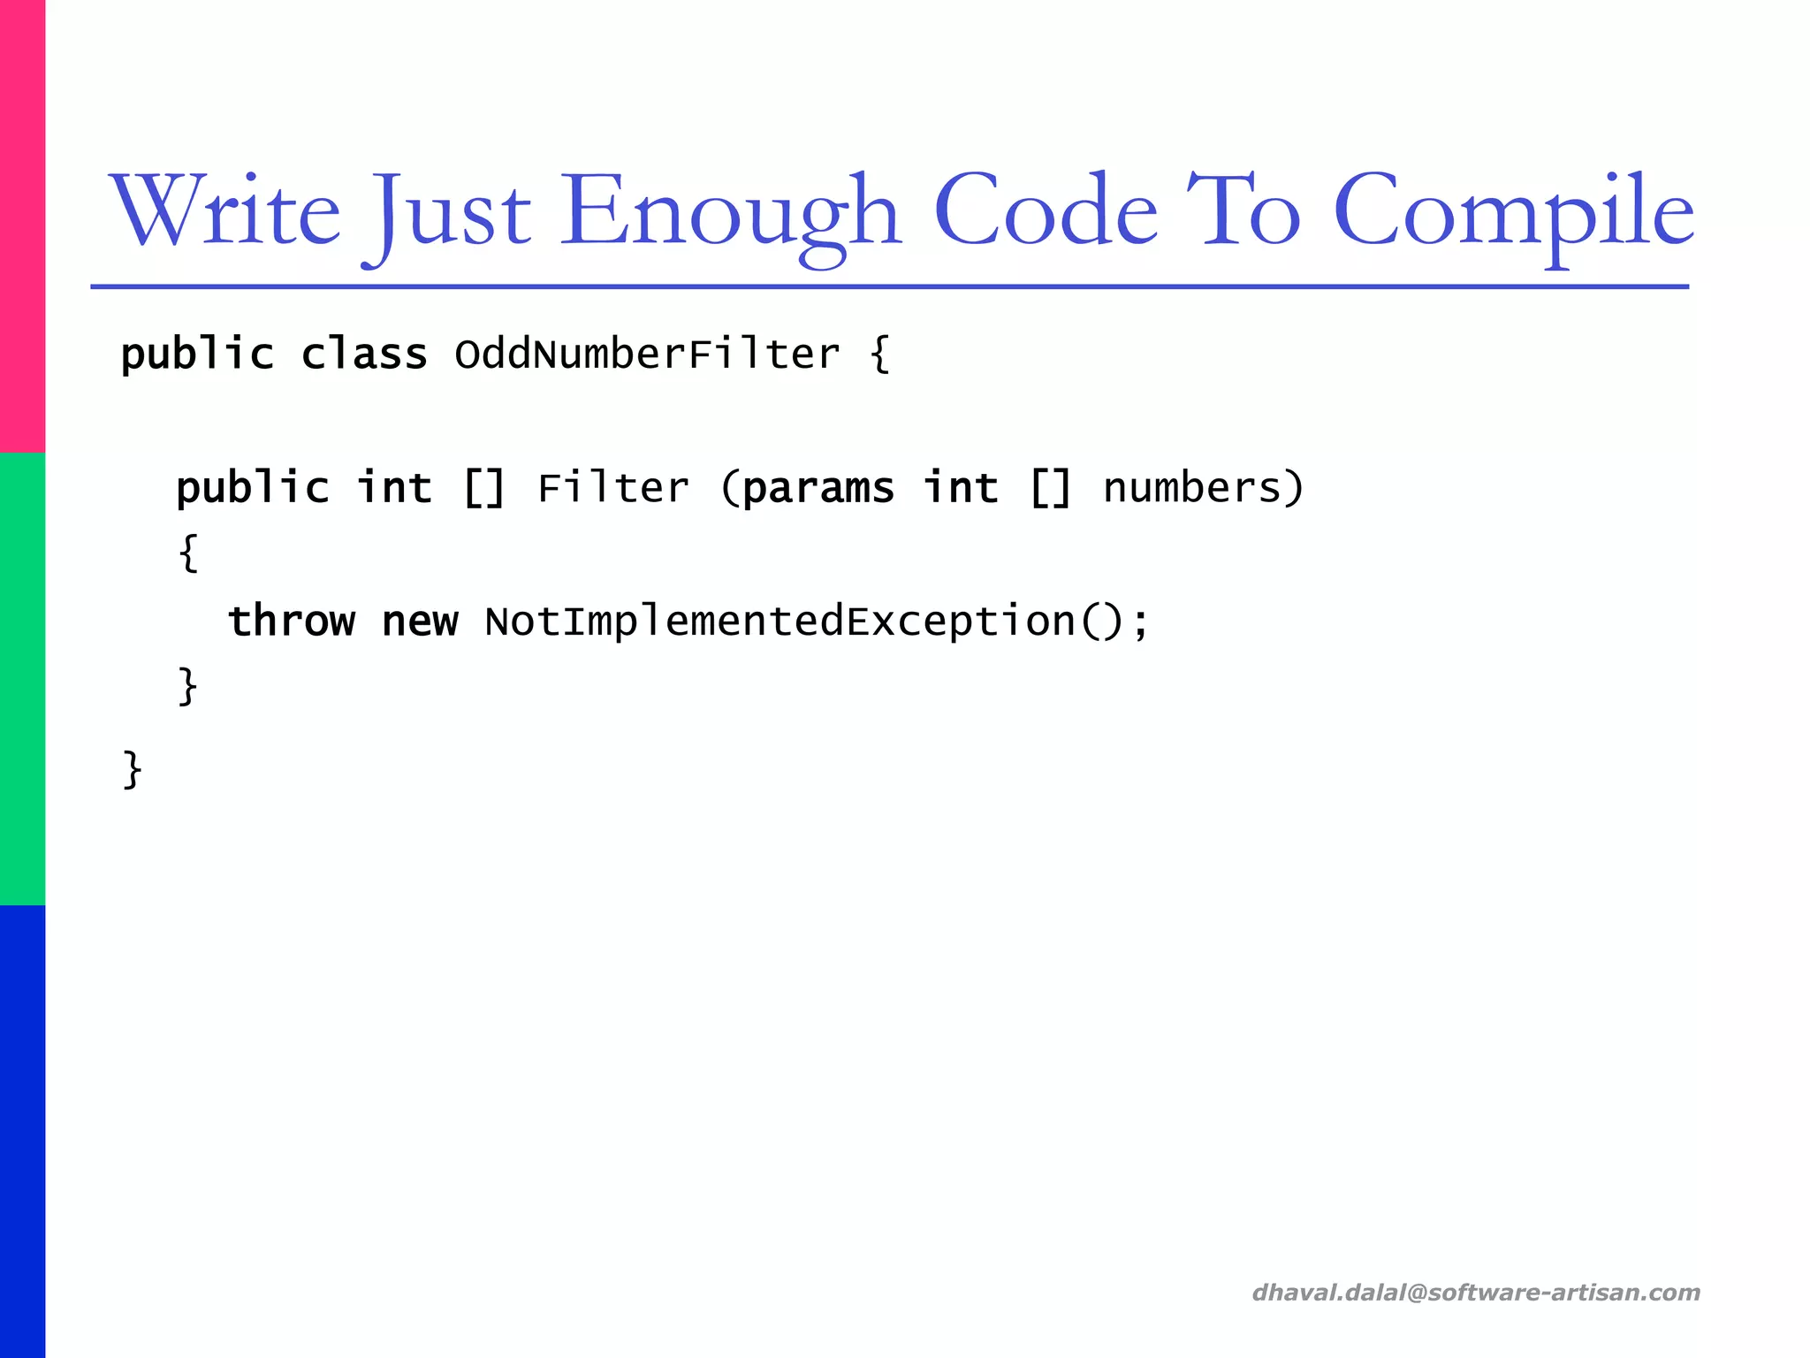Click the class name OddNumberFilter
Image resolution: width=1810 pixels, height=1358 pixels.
tap(647, 355)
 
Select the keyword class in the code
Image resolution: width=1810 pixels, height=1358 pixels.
tap(364, 355)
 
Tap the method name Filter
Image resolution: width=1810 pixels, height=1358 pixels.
tap(612, 488)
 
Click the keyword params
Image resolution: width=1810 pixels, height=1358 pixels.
tap(818, 488)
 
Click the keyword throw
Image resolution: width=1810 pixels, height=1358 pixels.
tap(292, 621)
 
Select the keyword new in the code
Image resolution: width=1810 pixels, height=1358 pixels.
tap(420, 622)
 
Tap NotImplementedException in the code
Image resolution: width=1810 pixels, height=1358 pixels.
tap(780, 621)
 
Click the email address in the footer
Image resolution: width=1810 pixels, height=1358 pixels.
tap(1476, 1293)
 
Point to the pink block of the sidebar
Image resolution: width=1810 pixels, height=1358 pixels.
tap(22, 226)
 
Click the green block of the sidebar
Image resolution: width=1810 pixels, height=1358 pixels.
tap(22, 679)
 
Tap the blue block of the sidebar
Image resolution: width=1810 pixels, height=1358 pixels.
tap(22, 1132)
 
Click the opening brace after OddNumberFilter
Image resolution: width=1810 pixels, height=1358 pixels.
tap(879, 355)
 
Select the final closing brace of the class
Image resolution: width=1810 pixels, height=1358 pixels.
tap(133, 769)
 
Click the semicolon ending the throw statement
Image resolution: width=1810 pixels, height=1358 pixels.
tap(1140, 622)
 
